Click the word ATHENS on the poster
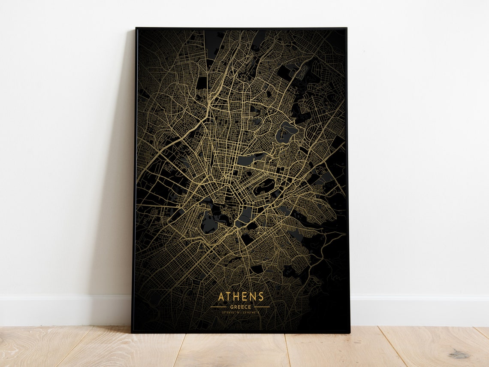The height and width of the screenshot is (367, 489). click(241, 297)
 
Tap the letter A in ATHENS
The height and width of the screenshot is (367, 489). click(221, 297)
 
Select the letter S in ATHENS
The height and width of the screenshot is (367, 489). click(261, 297)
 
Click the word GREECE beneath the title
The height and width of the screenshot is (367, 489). click(241, 307)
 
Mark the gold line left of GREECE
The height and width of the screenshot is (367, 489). click(218, 307)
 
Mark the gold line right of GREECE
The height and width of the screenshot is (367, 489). click(262, 307)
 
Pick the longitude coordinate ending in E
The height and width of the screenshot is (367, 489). click(251, 312)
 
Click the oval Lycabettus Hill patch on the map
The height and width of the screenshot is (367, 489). click(264, 187)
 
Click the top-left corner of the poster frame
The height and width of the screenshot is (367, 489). click(136, 28)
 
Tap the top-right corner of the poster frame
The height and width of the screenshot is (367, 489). click(346, 28)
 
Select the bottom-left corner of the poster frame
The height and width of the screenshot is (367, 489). click(132, 332)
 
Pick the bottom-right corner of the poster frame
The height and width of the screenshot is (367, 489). click(349, 332)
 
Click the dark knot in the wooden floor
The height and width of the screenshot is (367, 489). click(459, 355)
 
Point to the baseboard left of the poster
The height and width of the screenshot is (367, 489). click(64, 310)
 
